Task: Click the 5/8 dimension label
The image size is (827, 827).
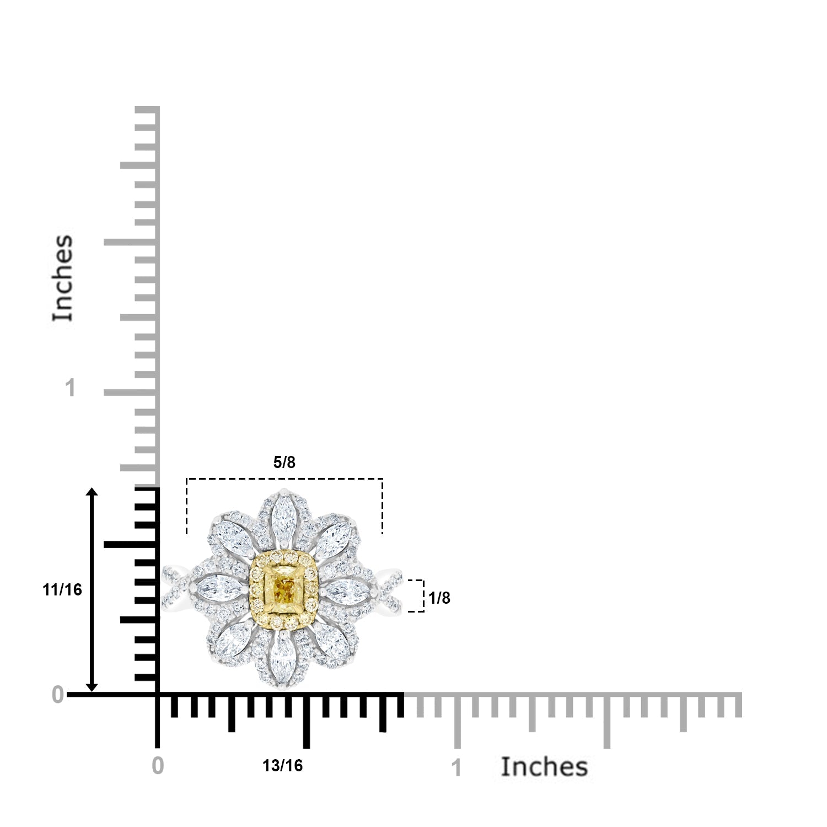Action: click(284, 463)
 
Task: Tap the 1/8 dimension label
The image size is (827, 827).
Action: click(439, 598)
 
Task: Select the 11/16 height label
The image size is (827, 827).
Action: click(62, 590)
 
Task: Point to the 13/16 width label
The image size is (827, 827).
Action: click(283, 766)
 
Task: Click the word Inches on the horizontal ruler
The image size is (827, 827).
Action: click(544, 767)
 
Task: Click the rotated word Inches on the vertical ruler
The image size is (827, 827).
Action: click(63, 278)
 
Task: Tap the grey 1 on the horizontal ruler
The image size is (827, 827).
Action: click(457, 769)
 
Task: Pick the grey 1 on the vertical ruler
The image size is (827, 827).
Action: click(69, 389)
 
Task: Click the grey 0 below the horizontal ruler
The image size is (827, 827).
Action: click(158, 766)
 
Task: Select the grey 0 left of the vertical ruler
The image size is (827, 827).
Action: click(58, 696)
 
